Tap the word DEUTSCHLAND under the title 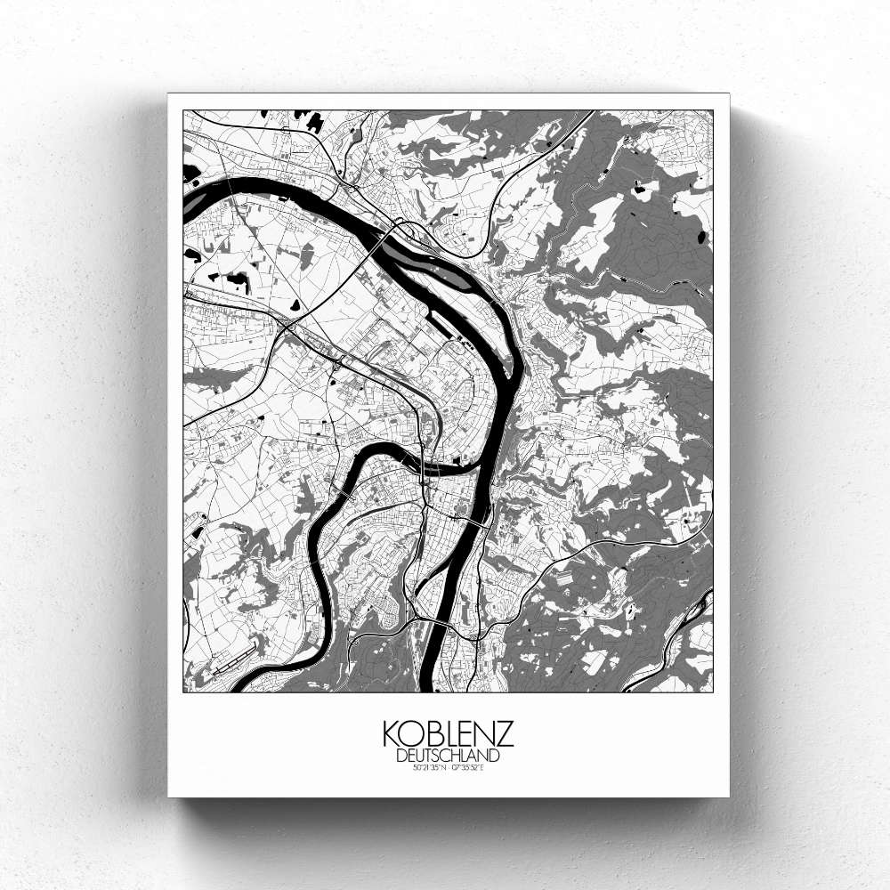tap(448, 756)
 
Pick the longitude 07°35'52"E tap(468, 767)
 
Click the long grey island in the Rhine tap(445, 268)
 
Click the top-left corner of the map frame tap(183, 110)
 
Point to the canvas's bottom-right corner tap(729, 796)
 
